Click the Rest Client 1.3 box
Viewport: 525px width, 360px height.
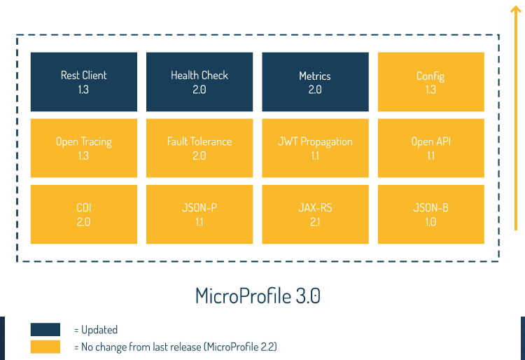click(84, 82)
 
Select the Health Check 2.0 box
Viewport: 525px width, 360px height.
click(199, 82)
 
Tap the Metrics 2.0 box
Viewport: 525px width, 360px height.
click(315, 82)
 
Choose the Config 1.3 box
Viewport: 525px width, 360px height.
click(430, 82)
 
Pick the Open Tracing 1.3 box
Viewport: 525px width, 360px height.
click(84, 148)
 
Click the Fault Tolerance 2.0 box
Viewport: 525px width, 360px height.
click(199, 148)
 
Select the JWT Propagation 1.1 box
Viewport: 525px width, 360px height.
click(315, 148)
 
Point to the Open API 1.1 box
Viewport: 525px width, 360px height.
click(430, 148)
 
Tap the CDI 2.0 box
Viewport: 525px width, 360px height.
click(84, 214)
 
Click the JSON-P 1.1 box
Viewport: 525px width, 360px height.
click(199, 214)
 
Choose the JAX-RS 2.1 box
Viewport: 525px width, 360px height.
click(315, 214)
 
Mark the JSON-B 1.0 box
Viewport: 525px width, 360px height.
click(430, 214)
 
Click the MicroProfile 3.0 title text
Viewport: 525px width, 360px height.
click(258, 296)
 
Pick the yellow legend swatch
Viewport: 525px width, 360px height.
click(45, 347)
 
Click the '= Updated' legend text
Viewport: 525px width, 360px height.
click(96, 330)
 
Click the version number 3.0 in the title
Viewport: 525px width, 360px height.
click(308, 296)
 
